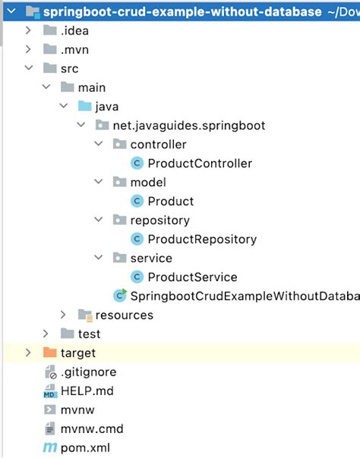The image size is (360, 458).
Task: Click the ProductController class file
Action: pos(199,163)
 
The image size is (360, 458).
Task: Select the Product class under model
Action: pos(170,201)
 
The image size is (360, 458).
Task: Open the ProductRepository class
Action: pos(201,239)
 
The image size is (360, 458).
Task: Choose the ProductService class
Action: pos(192,277)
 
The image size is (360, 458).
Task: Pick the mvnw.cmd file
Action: pos(92,429)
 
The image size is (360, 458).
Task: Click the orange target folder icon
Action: pos(49,353)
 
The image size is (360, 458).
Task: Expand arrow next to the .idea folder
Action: pos(28,30)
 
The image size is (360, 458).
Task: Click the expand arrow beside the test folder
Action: pos(46,334)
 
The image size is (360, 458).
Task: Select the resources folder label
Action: pos(124,315)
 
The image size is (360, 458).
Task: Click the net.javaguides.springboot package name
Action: pos(188,125)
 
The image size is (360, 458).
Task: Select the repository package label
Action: pos(159,220)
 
